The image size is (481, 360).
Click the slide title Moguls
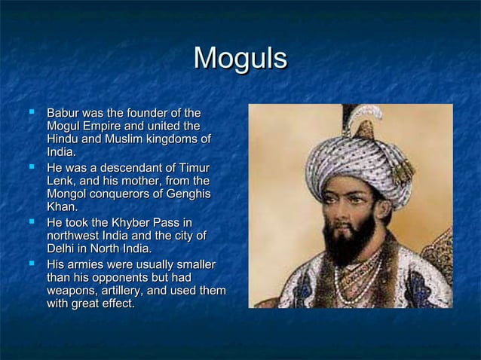click(240, 59)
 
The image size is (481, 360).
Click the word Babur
click(63, 112)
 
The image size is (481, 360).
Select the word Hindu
click(63, 139)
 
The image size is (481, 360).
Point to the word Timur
click(191, 167)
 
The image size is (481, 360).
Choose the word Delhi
click(62, 249)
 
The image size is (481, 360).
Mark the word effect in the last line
click(114, 304)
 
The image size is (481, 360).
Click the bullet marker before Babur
click(31, 111)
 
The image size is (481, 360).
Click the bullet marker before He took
click(31, 221)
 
